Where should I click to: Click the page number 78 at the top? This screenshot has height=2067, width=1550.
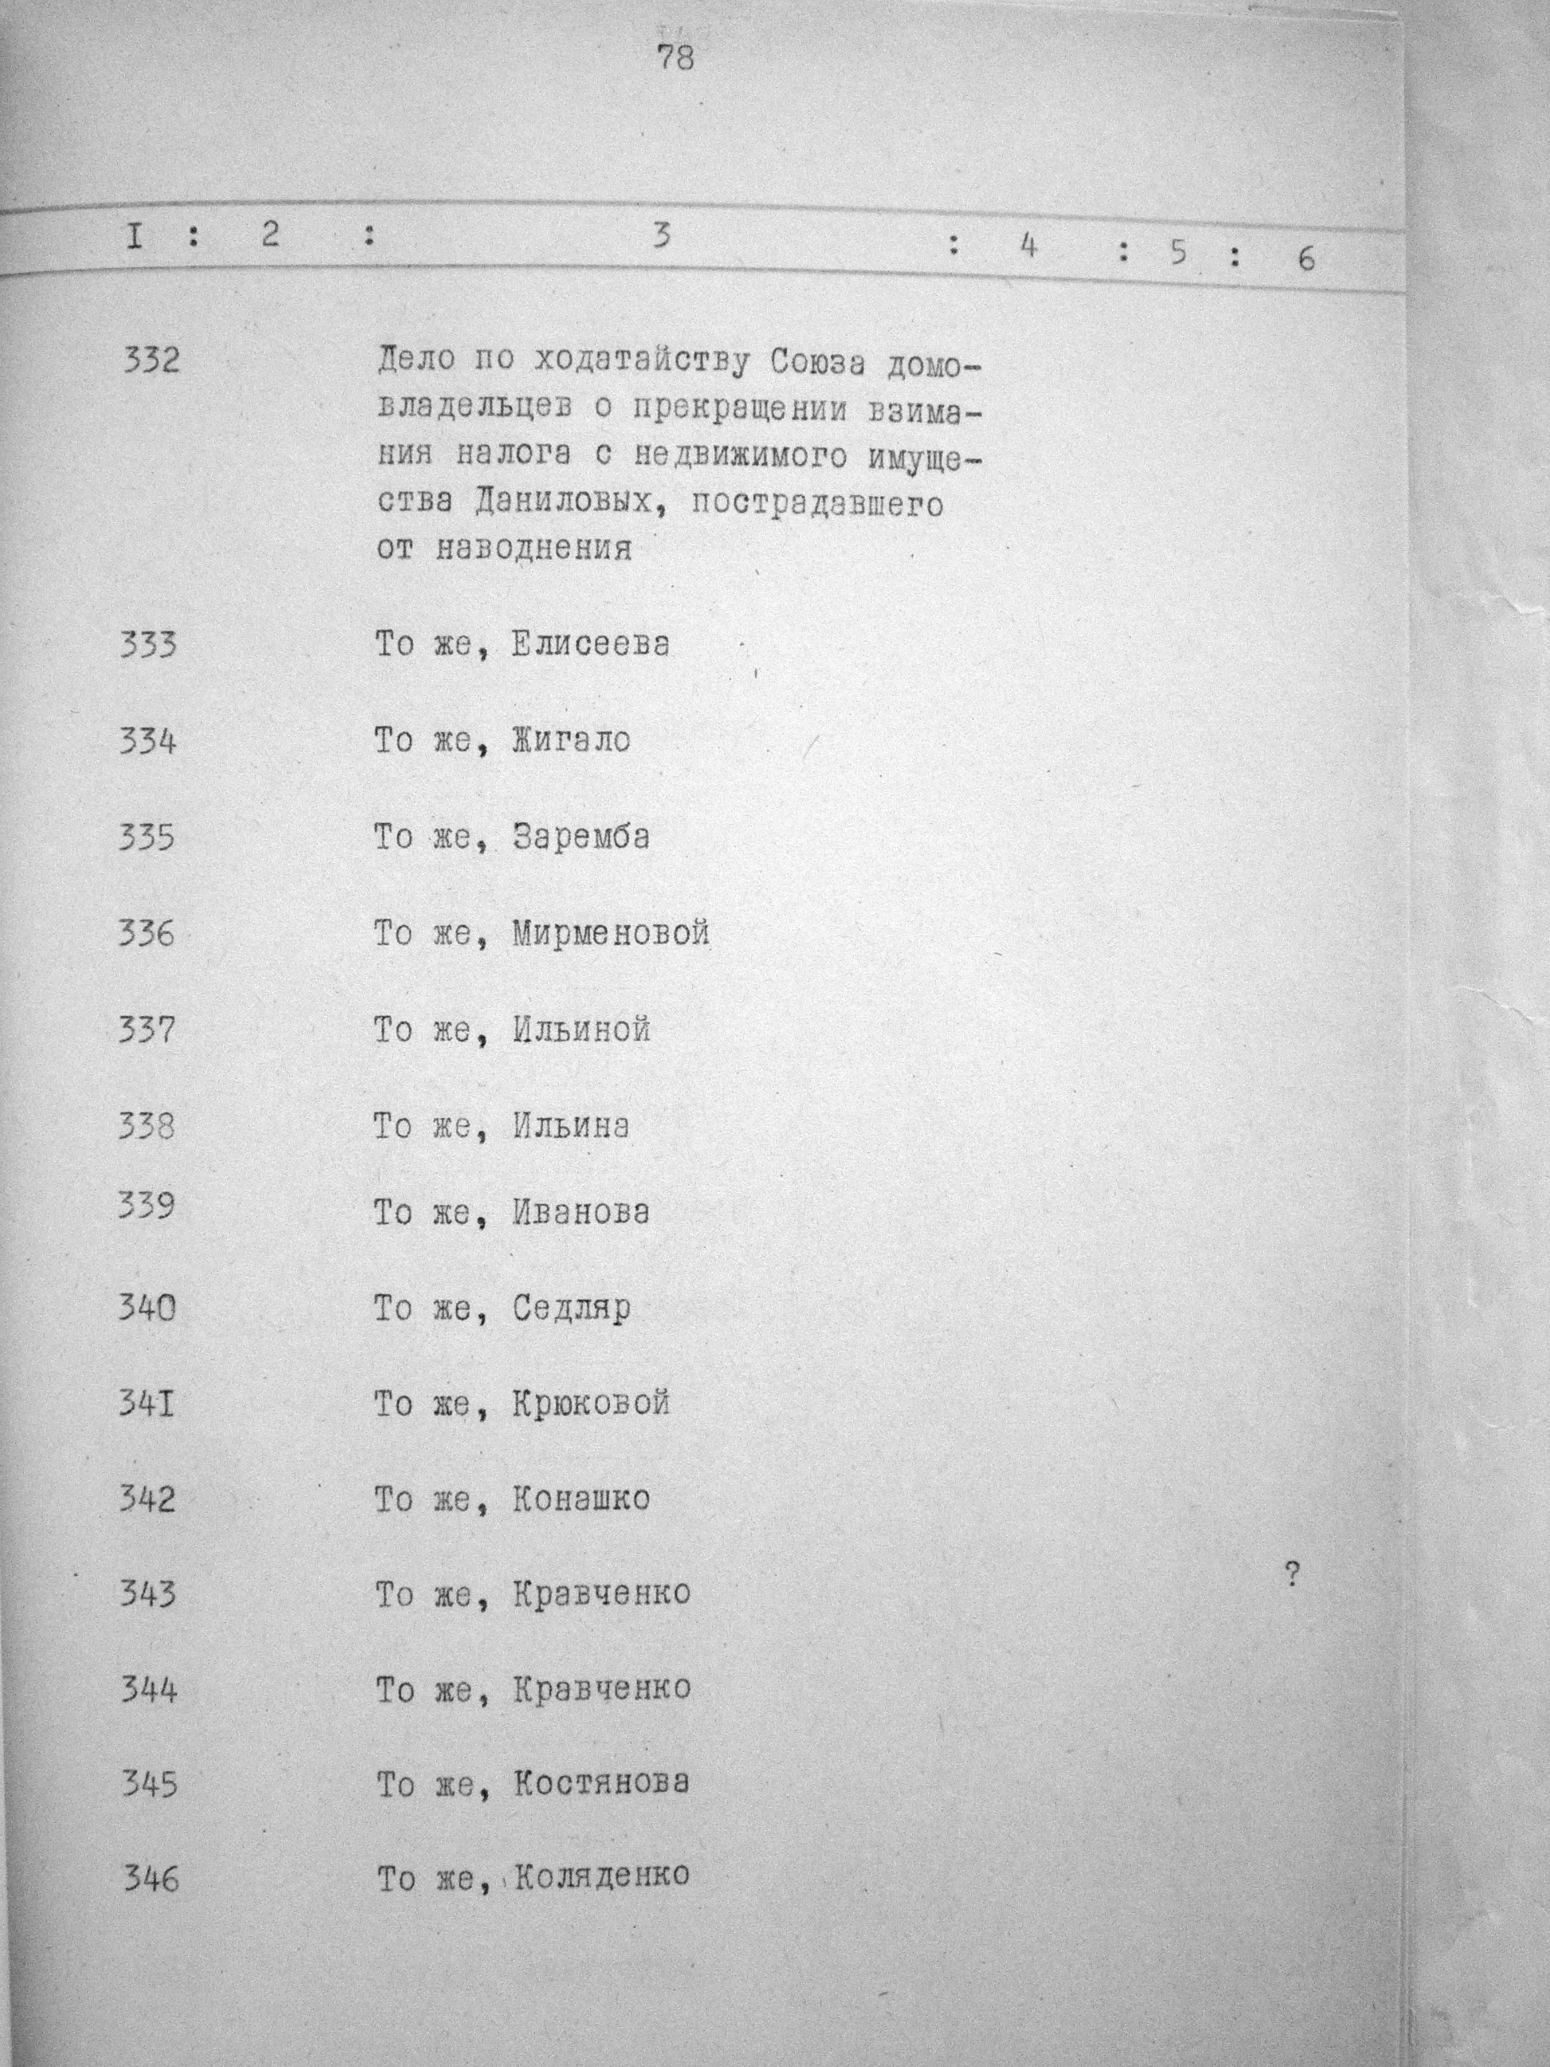(675, 58)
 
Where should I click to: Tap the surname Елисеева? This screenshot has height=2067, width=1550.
(591, 645)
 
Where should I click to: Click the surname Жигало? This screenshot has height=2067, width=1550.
(571, 741)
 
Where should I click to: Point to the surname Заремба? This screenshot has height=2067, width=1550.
(580, 837)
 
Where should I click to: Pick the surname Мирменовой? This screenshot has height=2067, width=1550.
(611, 934)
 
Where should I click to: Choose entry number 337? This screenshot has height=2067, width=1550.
(147, 1030)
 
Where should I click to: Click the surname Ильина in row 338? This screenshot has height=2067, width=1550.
(571, 1127)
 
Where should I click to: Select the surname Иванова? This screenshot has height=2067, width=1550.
(580, 1213)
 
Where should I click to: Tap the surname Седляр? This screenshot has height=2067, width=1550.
(571, 1309)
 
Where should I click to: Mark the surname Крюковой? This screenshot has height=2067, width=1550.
(591, 1404)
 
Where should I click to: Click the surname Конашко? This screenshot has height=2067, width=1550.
(580, 1500)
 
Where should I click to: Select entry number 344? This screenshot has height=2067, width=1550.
(148, 1690)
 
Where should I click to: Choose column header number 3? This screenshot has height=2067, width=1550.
(662, 235)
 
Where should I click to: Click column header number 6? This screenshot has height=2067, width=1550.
(1305, 258)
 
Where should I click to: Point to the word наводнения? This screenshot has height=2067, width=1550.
(533, 549)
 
